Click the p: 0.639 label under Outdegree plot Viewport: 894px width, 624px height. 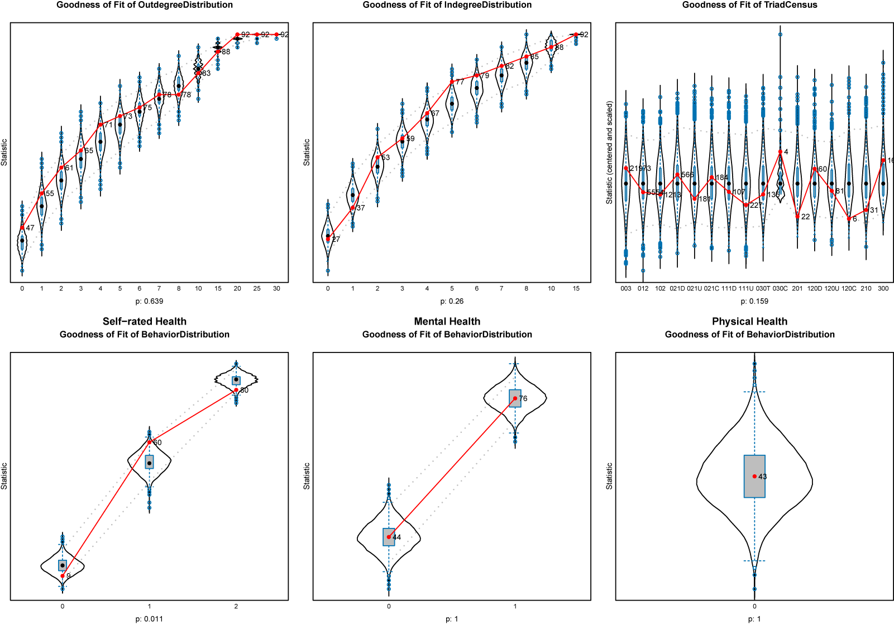(x=149, y=301)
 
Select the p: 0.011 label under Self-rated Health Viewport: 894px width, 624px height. (x=149, y=618)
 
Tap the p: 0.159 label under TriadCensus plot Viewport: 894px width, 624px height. (x=754, y=301)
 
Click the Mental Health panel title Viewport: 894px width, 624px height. (x=447, y=321)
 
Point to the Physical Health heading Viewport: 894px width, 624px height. (x=749, y=321)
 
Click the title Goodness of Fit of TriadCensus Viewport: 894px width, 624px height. (x=749, y=5)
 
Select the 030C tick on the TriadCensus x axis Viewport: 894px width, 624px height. (x=780, y=289)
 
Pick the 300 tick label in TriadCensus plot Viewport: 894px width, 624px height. (x=883, y=289)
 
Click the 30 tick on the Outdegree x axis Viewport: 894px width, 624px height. (x=276, y=289)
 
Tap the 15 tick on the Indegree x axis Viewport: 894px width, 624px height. (x=576, y=289)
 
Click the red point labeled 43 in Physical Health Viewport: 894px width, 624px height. (x=754, y=477)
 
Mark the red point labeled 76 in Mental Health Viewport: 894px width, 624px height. (x=515, y=398)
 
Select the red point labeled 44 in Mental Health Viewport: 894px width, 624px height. (x=389, y=537)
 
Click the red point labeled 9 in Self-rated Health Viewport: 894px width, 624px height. (x=63, y=575)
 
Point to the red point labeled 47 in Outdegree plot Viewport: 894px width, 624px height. (x=22, y=228)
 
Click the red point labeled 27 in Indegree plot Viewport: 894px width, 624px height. (x=328, y=239)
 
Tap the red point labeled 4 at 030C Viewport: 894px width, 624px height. (x=780, y=152)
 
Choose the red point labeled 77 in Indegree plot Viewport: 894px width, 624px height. (x=452, y=82)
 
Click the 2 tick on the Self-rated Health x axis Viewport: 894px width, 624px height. (x=236, y=606)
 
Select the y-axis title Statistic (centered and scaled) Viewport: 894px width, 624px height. (x=609, y=152)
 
